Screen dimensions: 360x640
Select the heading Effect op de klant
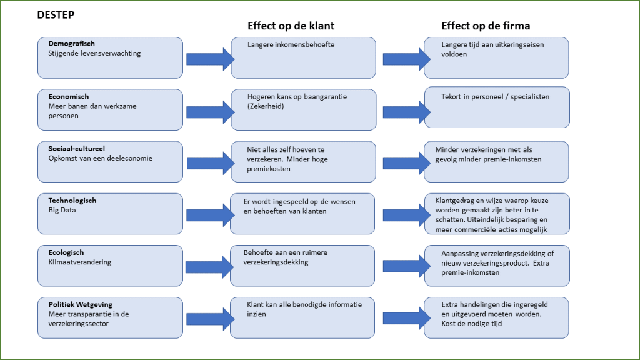[x=291, y=26]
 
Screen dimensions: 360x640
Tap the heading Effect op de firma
[x=486, y=26]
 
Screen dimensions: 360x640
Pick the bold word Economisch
[x=69, y=97]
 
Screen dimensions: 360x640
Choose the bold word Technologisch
[x=72, y=201]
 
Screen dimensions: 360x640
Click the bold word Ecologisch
[x=66, y=252]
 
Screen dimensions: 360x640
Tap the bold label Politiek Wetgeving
[x=81, y=304]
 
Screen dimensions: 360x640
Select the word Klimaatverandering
[x=80, y=262]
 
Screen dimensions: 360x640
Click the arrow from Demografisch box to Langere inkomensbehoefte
[x=210, y=59]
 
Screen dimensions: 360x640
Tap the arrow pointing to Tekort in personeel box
[x=406, y=111]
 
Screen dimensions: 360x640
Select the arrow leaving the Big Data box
[x=210, y=216]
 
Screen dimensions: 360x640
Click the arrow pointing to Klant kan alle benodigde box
[x=210, y=319]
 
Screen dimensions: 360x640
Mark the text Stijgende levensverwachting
[x=94, y=53]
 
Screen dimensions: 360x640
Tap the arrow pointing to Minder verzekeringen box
[x=406, y=164]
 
